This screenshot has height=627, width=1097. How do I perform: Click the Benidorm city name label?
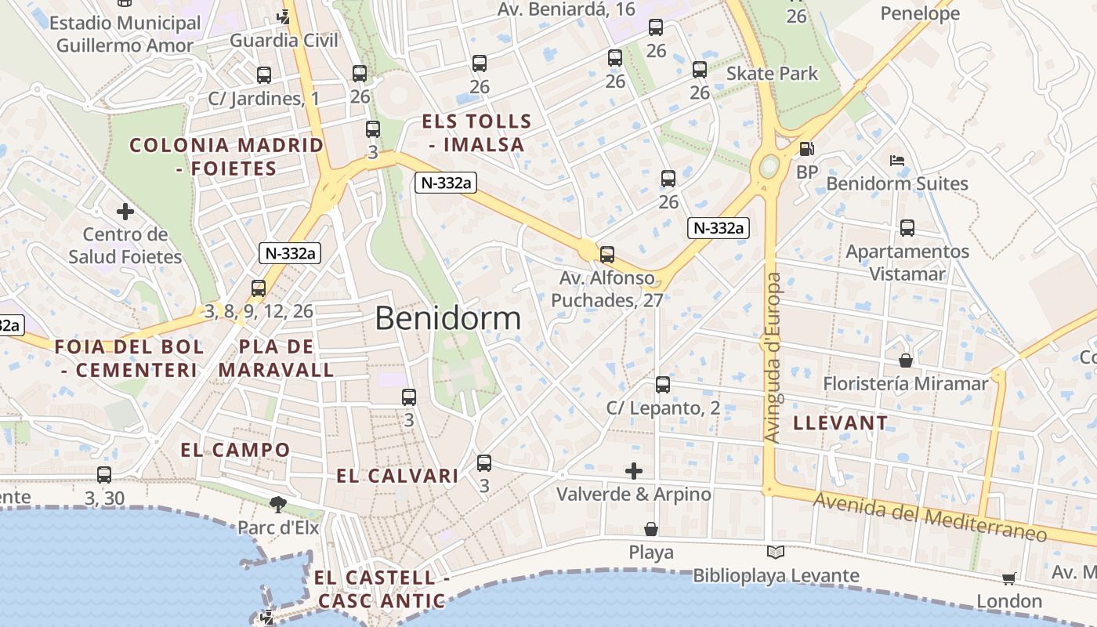pos(447,318)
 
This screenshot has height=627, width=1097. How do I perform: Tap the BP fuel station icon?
pos(806,149)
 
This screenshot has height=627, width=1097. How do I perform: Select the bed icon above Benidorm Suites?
pos(897,161)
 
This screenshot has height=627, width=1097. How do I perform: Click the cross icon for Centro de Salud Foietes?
pos(125,212)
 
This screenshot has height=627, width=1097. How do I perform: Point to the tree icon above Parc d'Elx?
pos(277,504)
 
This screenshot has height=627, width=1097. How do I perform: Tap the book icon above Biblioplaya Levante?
pos(776,553)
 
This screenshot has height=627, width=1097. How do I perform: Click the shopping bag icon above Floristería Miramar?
pos(906,361)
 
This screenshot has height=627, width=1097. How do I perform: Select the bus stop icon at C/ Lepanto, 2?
pos(663,385)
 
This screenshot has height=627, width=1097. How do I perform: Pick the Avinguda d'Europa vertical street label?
pos(773,357)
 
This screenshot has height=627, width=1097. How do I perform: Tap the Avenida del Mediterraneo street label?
pos(930,517)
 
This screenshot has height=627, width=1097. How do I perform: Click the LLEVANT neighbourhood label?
pos(841,423)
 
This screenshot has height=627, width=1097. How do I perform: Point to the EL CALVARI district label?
pos(397,476)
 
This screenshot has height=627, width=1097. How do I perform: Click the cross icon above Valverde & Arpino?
pos(634,471)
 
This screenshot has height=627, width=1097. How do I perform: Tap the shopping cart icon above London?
pos(1008,578)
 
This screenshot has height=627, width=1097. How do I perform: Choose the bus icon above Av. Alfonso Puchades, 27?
pos(606,255)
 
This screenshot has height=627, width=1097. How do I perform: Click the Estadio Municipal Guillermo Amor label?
pos(125,34)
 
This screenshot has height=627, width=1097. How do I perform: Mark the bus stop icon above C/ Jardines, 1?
pos(264,75)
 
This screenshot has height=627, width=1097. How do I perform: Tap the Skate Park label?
pos(772,74)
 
